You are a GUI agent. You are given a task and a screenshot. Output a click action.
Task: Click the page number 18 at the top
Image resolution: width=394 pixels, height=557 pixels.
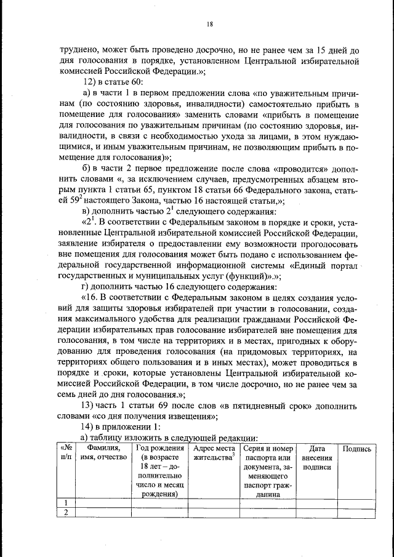(x=209, y=24)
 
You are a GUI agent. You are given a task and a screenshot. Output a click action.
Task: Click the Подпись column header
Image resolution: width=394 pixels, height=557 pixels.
(x=356, y=449)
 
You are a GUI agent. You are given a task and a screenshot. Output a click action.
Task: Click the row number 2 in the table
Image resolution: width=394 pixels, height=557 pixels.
(x=65, y=513)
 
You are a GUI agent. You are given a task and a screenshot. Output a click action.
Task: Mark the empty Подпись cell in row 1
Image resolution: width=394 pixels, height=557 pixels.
(x=356, y=502)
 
